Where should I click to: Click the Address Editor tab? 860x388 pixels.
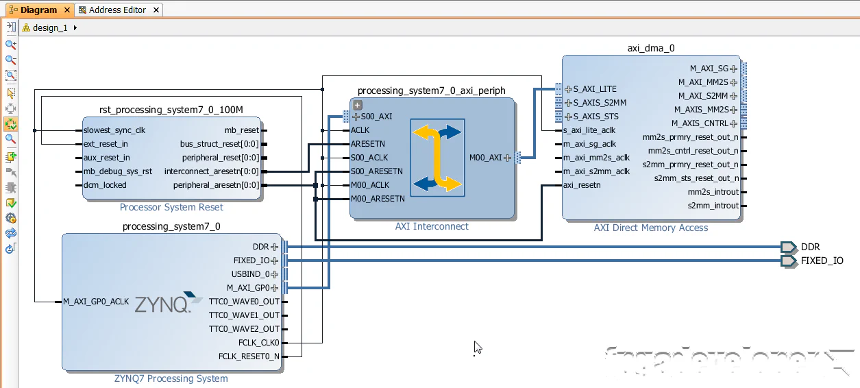pos(117,10)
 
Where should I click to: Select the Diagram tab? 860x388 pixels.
pos(38,10)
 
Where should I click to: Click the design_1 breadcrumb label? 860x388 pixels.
pos(51,28)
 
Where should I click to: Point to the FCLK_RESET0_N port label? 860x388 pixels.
pos(249,356)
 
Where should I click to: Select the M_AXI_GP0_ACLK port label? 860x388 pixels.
pos(96,302)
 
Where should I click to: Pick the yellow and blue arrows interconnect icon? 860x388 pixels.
pos(437,158)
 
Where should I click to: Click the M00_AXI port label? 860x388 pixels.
pos(486,158)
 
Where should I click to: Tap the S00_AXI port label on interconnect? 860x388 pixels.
pos(376,117)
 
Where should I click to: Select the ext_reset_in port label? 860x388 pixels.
pos(106,144)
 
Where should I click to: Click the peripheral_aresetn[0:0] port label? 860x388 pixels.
pos(216,185)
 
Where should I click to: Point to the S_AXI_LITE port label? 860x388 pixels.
pos(595,89)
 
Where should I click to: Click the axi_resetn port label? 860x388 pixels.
pos(582,185)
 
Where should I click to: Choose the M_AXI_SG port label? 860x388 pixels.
pos(709,69)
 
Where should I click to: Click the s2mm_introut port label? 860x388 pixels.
pos(713,206)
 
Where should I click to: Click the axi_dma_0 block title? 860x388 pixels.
pos(651,49)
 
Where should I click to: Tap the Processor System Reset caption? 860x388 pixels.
pos(171,207)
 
